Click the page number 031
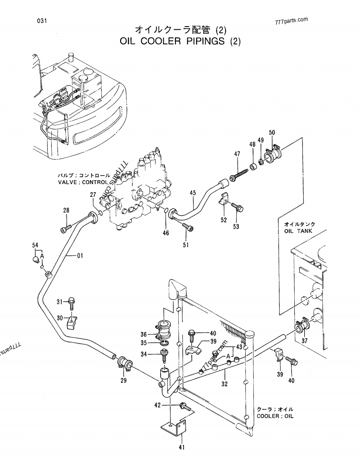(37, 21)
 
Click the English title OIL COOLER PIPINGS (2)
(181, 42)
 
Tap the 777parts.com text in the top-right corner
(290, 20)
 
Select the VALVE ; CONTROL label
(83, 182)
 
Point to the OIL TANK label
(299, 231)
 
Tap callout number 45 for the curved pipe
(193, 193)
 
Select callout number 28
(66, 210)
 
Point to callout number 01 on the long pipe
(80, 256)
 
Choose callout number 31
(59, 301)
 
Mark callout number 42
(157, 405)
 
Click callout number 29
(124, 380)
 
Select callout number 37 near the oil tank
(305, 341)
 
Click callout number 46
(166, 233)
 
